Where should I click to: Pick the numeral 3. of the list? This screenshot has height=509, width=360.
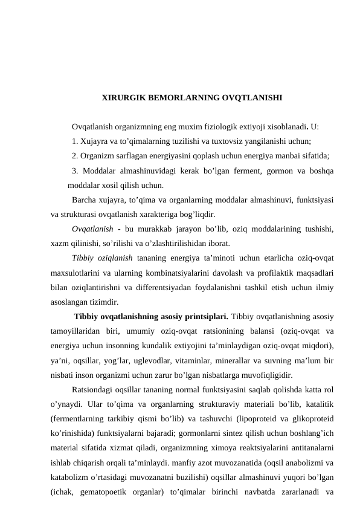pyautogui.click(x=75, y=171)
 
